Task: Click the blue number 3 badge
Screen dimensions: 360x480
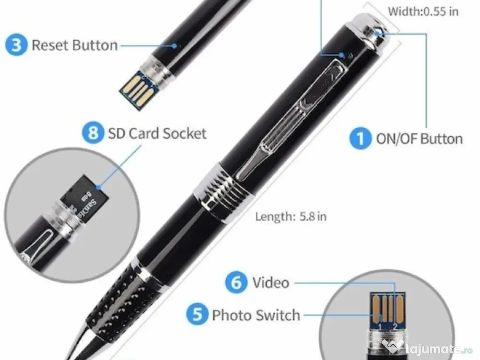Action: click(16, 45)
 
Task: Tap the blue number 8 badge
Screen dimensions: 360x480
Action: click(93, 133)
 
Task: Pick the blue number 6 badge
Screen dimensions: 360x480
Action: click(236, 283)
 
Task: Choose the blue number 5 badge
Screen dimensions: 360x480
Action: click(197, 315)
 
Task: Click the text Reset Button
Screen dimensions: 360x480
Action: click(75, 45)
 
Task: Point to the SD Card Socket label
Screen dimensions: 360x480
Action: click(157, 133)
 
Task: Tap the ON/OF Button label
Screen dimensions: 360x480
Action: click(419, 139)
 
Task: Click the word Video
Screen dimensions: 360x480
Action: click(270, 283)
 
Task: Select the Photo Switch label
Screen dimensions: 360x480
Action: click(256, 315)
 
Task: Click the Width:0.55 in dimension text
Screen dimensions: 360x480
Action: click(423, 11)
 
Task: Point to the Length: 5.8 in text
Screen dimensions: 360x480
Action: click(291, 216)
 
